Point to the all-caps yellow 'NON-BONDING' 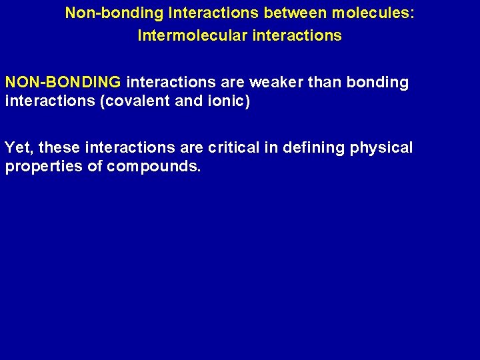(x=63, y=83)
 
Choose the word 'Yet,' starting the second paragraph (x=19, y=147)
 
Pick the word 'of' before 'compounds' (x=94, y=167)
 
